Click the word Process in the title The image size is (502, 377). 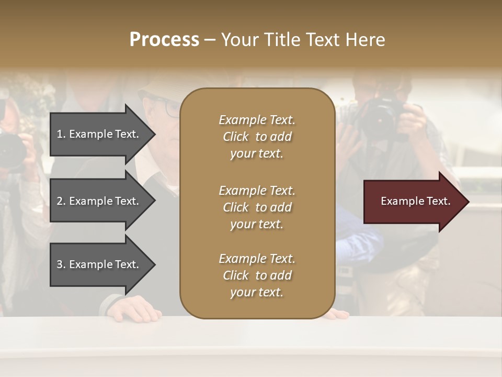pos(164,40)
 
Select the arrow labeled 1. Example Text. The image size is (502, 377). pos(99,134)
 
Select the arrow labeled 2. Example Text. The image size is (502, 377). pos(99,201)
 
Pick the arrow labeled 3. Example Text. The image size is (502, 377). pos(99,264)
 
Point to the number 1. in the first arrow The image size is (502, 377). pos(61,134)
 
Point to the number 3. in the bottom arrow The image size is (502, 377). pos(61,264)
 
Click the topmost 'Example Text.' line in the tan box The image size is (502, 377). pos(257,120)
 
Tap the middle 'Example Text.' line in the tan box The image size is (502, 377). pos(257,191)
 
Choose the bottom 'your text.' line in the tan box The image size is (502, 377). pos(257,292)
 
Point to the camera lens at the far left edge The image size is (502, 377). pos(10,149)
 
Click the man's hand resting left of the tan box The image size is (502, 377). pos(125,309)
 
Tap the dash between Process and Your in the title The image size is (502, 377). pos(210,40)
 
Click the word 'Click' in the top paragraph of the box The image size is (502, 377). pos(235,137)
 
